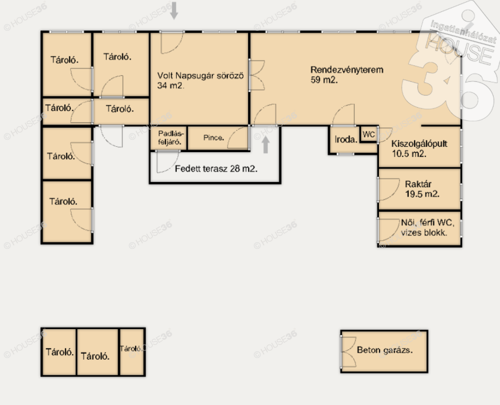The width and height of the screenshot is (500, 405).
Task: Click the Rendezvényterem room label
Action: pyautogui.click(x=347, y=69)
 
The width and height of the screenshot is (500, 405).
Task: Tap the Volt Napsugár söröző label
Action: pyautogui.click(x=200, y=76)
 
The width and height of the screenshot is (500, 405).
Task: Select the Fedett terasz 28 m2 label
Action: pyautogui.click(x=216, y=168)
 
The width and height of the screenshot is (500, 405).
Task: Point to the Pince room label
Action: pyautogui.click(x=214, y=137)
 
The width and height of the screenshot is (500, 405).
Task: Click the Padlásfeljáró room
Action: pyautogui.click(x=169, y=137)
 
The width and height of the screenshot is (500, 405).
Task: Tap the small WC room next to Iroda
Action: pyautogui.click(x=369, y=134)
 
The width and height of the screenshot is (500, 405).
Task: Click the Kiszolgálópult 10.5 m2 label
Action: pyautogui.click(x=419, y=149)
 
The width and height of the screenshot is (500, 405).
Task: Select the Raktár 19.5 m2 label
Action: pyautogui.click(x=422, y=189)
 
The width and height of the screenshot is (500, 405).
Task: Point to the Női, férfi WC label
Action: pyautogui.click(x=427, y=223)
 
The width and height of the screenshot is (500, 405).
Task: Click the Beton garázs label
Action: pyautogui.click(x=385, y=350)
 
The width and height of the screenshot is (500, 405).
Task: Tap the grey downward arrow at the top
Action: pyautogui.click(x=174, y=10)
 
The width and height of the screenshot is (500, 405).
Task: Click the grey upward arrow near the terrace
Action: pyautogui.click(x=265, y=145)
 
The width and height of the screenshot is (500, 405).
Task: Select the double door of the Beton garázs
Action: pyautogui.click(x=348, y=352)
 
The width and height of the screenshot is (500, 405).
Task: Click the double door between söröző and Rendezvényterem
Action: pyautogui.click(x=257, y=75)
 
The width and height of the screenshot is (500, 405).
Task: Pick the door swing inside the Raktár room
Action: pyautogui.click(x=389, y=189)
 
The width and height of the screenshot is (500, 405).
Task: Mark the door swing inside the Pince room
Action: pyautogui.click(x=238, y=137)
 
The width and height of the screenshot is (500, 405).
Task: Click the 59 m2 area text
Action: pyautogui.click(x=324, y=80)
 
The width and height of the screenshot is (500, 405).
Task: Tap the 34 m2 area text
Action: pyautogui.click(x=170, y=86)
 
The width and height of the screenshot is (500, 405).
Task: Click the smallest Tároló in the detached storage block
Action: pyautogui.click(x=132, y=352)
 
